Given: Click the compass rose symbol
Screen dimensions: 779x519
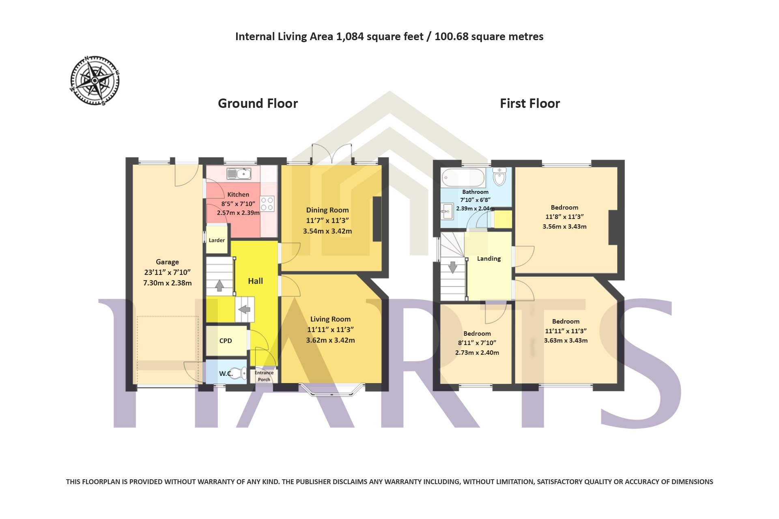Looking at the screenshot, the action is coord(95,81).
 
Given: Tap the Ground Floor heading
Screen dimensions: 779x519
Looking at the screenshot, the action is coord(258,103).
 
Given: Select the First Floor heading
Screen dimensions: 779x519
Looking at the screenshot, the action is coord(530,103).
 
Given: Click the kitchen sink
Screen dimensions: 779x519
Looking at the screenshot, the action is coord(239,174).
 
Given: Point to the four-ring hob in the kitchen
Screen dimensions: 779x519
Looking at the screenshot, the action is coord(267,204).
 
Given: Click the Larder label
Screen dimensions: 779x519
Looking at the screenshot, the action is coord(217,240).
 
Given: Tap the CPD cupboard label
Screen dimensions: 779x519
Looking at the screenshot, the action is coord(226,341).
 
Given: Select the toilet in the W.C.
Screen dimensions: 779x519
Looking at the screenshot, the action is coord(240,373).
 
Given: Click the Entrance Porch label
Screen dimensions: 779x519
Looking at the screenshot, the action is coord(264,376).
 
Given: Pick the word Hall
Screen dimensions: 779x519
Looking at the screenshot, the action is coord(256,281).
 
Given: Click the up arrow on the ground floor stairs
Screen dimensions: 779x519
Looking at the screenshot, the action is coord(219,285).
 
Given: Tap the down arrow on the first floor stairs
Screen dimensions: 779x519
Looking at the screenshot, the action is coord(452,268).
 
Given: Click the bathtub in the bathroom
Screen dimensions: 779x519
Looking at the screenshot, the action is coord(463,177).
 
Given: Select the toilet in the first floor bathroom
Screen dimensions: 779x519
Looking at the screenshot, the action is coord(500,176).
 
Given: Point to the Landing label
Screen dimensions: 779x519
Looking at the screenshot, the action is coord(489,259).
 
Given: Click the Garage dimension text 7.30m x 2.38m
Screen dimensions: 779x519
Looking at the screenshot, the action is coord(168,283).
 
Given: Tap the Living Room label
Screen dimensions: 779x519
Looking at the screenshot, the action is coord(331,319).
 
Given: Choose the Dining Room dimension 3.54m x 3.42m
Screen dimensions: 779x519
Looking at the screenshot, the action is coord(327,231).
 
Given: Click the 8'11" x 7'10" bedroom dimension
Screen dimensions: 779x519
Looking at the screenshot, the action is coord(477,343).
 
